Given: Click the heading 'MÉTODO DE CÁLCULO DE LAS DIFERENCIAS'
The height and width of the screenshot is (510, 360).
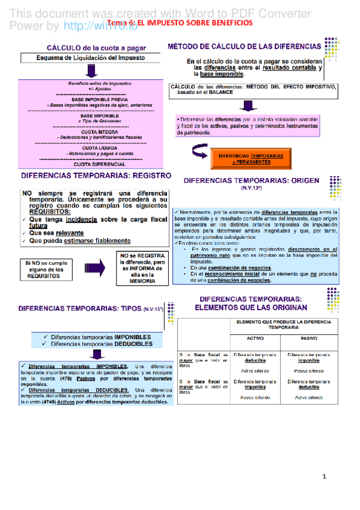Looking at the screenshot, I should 243,46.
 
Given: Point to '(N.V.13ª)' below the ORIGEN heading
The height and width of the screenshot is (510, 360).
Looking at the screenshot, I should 249,188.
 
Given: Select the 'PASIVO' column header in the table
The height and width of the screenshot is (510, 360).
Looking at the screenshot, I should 309,338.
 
